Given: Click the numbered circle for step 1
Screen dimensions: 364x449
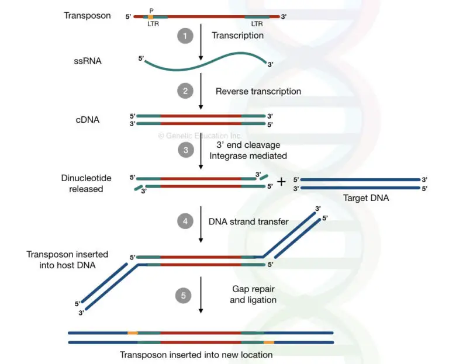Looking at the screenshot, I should (185, 36).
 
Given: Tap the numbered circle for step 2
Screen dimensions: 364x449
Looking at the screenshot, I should (185, 91).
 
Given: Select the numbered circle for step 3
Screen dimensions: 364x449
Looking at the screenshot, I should (185, 150).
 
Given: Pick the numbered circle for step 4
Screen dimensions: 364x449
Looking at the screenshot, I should (185, 221).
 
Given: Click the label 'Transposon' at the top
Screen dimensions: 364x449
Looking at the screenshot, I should (87, 16).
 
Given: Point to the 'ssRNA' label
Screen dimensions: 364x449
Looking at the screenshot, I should (88, 60).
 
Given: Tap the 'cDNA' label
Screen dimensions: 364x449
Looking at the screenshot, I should (87, 120).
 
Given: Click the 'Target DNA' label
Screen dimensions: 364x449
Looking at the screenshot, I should (366, 198).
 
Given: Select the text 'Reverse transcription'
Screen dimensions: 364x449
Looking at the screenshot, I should (258, 91).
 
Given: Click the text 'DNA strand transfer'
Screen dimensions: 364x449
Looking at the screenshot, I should (249, 221).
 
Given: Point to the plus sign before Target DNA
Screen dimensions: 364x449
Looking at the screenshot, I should (281, 181).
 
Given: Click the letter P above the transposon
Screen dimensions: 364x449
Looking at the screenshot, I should (151, 10).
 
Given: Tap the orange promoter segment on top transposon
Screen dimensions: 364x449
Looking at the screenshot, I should (151, 17).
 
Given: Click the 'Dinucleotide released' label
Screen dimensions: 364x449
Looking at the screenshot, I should (82, 183).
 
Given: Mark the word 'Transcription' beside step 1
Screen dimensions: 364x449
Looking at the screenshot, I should (237, 36).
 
